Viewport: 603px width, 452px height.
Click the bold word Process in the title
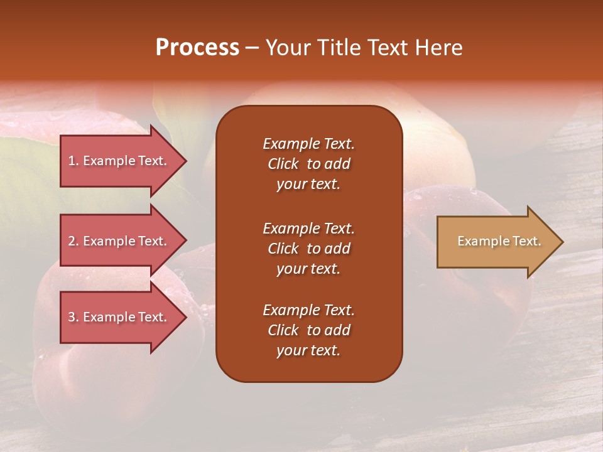point(197,48)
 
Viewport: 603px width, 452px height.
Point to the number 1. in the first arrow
point(73,161)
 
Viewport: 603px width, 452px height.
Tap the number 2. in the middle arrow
point(73,241)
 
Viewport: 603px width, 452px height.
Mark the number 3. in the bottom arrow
point(73,317)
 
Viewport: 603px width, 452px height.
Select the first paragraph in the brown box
point(308,164)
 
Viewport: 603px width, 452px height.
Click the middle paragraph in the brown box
point(308,249)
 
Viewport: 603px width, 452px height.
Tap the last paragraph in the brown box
point(308,330)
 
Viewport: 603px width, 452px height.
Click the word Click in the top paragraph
point(283,164)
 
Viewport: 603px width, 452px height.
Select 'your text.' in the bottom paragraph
point(308,350)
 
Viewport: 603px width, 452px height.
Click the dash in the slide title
point(252,48)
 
